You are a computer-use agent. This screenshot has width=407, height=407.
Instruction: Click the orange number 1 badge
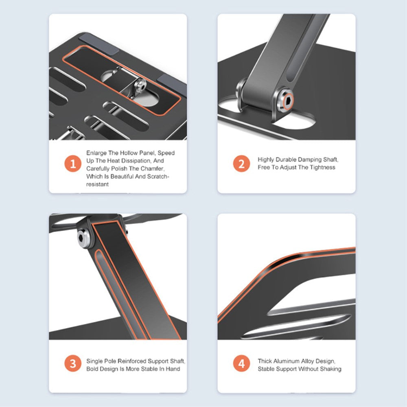(x=73, y=164)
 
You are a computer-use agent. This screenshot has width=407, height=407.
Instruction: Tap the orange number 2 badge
(x=242, y=164)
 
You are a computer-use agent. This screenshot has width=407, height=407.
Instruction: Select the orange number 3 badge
(x=73, y=363)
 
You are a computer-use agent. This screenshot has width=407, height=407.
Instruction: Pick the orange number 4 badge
(x=242, y=363)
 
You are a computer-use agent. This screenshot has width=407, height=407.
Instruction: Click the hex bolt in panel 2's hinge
(x=285, y=100)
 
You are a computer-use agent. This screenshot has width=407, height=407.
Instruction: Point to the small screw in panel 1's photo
(x=140, y=85)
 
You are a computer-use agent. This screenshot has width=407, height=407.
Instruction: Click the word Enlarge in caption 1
(x=96, y=153)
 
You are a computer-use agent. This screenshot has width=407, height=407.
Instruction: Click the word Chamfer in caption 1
(x=153, y=168)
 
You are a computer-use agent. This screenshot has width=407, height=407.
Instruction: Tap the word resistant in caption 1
(x=97, y=184)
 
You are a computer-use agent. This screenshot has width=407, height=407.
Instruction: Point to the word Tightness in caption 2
(x=322, y=167)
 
